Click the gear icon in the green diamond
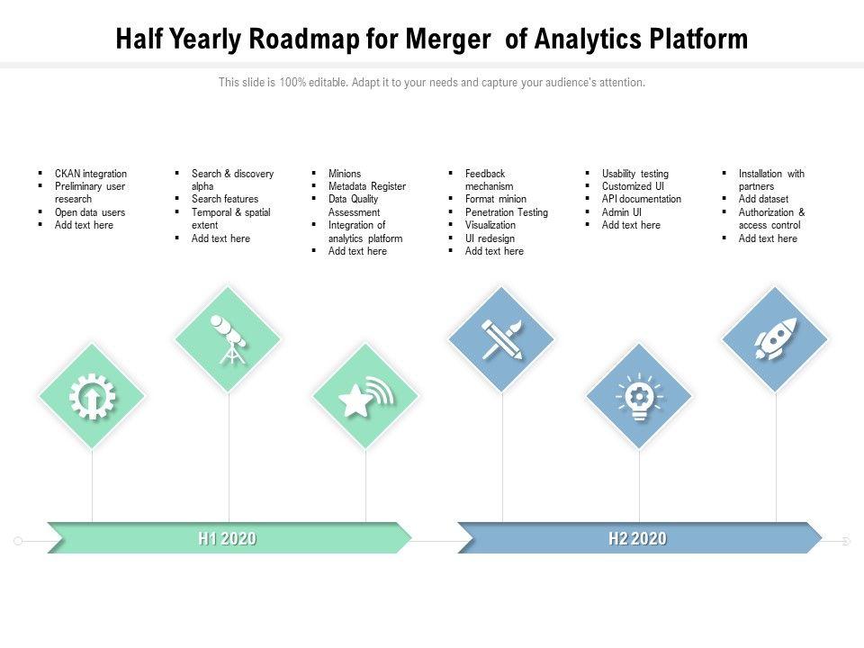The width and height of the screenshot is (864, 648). tap(92, 396)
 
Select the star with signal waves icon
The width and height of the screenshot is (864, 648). tap(365, 396)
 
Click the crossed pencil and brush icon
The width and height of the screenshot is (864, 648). tap(502, 339)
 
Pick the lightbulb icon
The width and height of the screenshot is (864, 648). tap(639, 396)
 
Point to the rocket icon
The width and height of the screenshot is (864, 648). tap(776, 339)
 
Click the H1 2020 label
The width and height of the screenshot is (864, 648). tap(227, 539)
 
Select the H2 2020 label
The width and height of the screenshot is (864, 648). tap(637, 539)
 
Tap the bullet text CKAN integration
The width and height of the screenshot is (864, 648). tap(91, 174)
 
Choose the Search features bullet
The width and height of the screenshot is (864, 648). tap(225, 199)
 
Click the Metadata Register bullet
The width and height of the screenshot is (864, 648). tap(367, 186)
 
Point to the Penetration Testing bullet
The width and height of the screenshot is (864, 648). tap(507, 212)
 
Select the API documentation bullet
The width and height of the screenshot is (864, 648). tap(642, 199)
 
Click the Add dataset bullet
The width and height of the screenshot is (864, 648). tap(763, 199)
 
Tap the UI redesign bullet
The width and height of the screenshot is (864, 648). tap(490, 238)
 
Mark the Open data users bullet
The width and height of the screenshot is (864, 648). tap(90, 212)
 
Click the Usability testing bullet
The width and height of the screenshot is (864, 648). tap(635, 174)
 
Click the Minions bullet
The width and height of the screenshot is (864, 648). tap(345, 174)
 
